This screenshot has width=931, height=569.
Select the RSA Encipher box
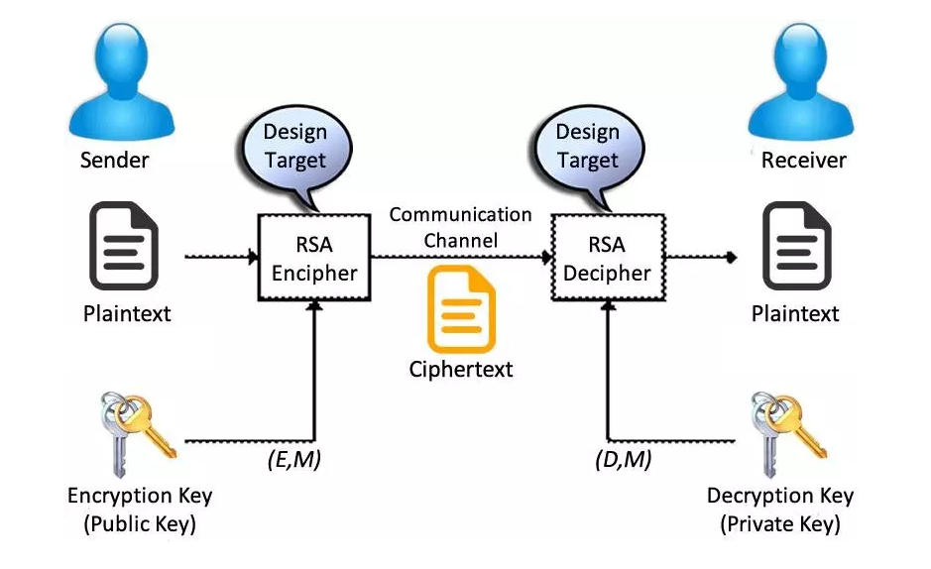pyautogui.click(x=314, y=259)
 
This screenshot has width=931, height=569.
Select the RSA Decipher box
pyautogui.click(x=608, y=259)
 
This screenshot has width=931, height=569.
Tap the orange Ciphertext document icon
pyautogui.click(x=461, y=309)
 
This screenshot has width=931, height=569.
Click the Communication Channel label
pyautogui.click(x=460, y=227)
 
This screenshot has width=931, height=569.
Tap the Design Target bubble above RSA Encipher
pyautogui.click(x=294, y=145)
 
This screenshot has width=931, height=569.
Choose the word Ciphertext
pyautogui.click(x=461, y=370)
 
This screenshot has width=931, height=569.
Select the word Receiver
pyautogui.click(x=801, y=160)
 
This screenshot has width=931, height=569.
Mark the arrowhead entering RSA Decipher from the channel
pyautogui.click(x=546, y=258)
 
